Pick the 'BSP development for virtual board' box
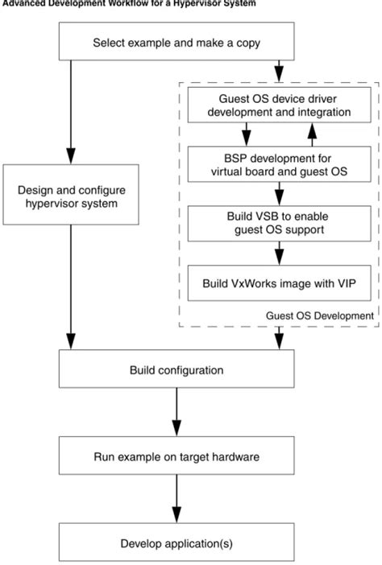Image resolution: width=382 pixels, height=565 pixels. click(279, 163)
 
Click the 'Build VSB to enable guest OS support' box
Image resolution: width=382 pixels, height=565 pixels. click(279, 223)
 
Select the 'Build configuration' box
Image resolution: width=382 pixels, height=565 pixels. click(176, 372)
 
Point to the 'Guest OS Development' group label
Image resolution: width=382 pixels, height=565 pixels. click(320, 316)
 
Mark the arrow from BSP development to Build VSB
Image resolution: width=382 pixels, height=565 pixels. click(279, 193)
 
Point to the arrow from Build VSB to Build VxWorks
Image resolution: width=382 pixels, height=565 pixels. click(279, 253)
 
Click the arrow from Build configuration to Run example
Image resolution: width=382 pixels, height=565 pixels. click(176, 414)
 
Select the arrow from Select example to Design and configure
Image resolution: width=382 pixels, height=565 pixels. click(72, 113)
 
